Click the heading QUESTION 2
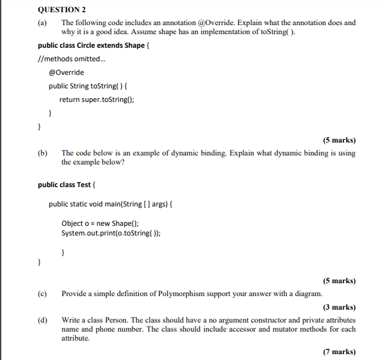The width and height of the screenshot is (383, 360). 62,10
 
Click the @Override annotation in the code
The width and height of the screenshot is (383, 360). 66,72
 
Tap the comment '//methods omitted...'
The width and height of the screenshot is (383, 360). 71,59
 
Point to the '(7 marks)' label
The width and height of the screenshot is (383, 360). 339,352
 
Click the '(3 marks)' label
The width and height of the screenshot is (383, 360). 339,308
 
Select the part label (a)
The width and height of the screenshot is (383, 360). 43,23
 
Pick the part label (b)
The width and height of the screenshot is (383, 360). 43,154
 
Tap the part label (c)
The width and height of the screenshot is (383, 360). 43,294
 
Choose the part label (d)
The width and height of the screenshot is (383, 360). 43,320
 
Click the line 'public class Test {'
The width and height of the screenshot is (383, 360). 67,185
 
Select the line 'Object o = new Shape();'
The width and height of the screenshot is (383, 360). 100,223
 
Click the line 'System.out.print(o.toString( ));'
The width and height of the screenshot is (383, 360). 111,233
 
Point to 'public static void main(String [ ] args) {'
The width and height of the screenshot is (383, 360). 110,204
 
